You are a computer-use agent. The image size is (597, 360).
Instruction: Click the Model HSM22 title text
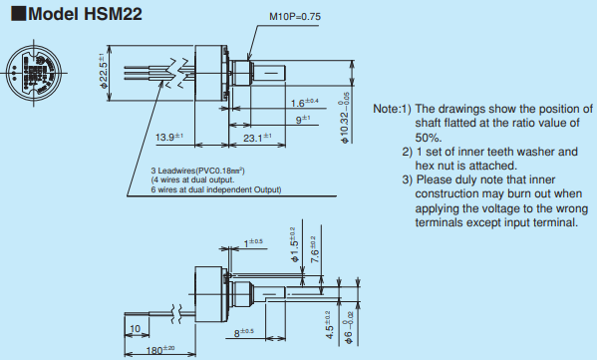85,14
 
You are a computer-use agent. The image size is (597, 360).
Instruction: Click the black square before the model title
18,13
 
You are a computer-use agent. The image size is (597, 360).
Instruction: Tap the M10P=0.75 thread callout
295,17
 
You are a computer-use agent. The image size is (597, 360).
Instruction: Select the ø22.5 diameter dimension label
103,71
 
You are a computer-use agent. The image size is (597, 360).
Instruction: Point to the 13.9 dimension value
169,137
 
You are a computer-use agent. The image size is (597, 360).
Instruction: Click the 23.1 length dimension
257,138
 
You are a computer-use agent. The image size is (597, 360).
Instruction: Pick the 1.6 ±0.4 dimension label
304,103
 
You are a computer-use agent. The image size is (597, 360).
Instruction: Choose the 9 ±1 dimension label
303,120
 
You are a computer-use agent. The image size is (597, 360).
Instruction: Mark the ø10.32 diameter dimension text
345,118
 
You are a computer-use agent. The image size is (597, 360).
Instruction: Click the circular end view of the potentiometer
34,73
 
